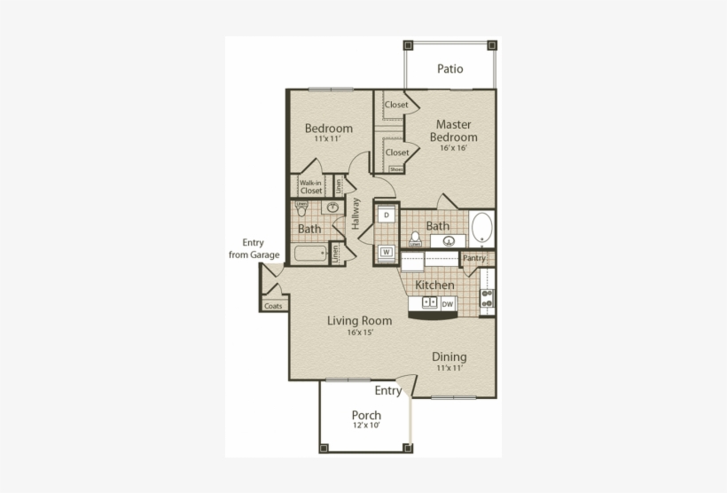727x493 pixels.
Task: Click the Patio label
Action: click(x=449, y=68)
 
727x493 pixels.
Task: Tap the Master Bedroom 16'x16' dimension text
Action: click(x=453, y=148)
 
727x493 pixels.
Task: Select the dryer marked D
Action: click(x=387, y=215)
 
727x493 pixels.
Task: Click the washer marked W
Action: click(x=387, y=252)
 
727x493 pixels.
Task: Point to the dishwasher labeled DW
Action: click(x=448, y=303)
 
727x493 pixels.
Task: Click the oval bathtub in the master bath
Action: click(x=481, y=228)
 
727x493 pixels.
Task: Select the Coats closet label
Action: click(x=273, y=306)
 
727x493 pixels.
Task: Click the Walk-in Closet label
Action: click(x=310, y=186)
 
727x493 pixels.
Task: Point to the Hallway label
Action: click(x=356, y=214)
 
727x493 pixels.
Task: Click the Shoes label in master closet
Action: click(x=395, y=169)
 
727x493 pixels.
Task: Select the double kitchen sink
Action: click(x=425, y=303)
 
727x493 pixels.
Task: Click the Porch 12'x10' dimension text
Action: click(x=365, y=426)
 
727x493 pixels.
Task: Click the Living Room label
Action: click(x=359, y=320)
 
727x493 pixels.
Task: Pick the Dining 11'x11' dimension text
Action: click(x=449, y=367)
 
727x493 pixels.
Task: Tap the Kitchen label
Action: click(x=435, y=286)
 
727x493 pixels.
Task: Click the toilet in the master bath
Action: click(x=415, y=239)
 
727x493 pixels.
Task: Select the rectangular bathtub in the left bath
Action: click(x=310, y=254)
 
